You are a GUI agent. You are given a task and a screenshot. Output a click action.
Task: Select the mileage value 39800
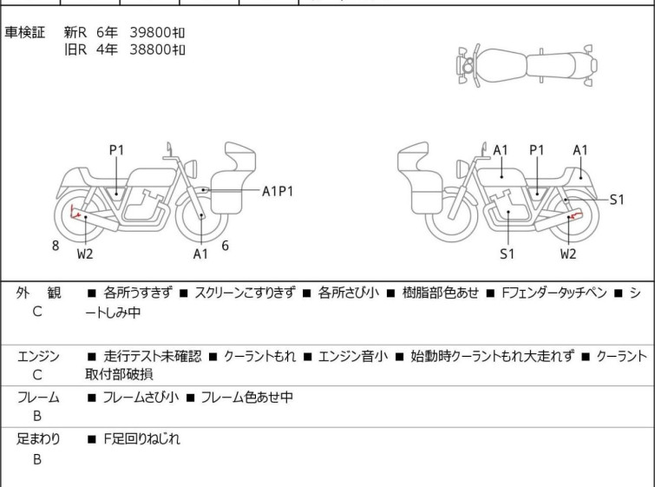tap(150, 32)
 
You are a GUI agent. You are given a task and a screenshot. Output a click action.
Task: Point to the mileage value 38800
tap(150, 49)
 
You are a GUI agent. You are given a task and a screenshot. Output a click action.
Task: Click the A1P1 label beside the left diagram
tap(278, 191)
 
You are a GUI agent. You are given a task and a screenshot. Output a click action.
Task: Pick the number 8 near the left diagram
tap(56, 246)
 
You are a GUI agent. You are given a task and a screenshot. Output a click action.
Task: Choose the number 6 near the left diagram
tap(225, 246)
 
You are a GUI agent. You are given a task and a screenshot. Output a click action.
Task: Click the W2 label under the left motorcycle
tap(84, 254)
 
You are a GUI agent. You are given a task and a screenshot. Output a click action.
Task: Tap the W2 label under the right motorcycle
tap(567, 254)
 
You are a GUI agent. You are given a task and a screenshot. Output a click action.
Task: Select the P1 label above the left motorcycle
tap(116, 150)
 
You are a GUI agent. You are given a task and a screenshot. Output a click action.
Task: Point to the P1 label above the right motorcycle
tap(537, 150)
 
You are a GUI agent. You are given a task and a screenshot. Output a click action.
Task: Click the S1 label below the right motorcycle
tap(507, 254)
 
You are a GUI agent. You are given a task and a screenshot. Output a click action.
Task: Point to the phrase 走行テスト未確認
tap(152, 356)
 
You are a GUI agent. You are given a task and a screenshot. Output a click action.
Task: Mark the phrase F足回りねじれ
tap(141, 439)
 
